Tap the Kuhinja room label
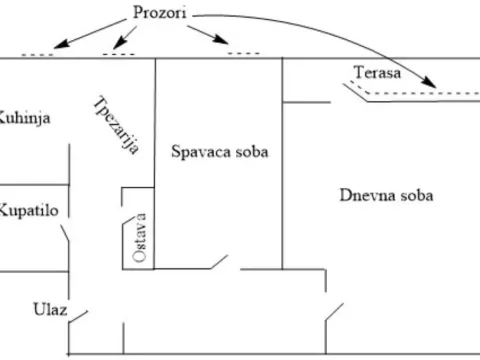pyautogui.click(x=25, y=118)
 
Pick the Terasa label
pyautogui.click(x=377, y=72)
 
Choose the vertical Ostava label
pyautogui.click(x=141, y=237)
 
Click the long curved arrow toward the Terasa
pyautogui.click(x=330, y=30)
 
